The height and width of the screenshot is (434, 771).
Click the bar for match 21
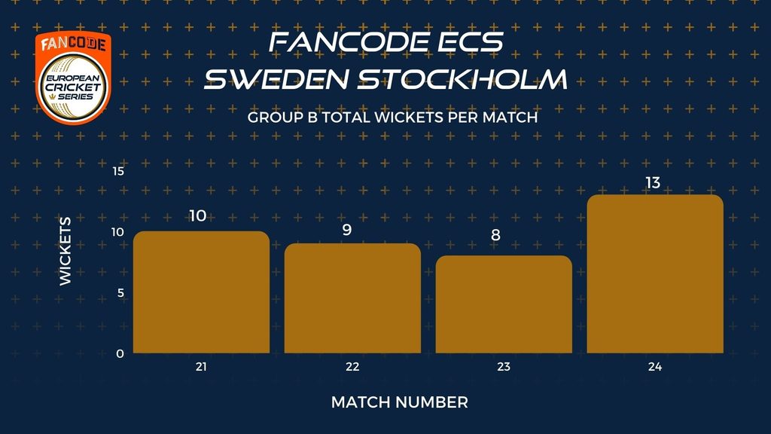201,292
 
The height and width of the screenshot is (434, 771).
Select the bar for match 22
352,298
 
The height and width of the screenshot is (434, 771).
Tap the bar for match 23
504,304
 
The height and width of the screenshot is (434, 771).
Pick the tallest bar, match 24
655,274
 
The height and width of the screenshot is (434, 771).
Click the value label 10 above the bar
198,215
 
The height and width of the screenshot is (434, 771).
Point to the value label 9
347,230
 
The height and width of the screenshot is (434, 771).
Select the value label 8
495,235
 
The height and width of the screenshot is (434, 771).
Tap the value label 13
653,183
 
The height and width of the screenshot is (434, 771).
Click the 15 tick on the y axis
118,171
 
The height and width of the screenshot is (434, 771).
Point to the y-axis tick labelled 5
120,293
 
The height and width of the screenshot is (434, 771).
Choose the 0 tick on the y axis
120,354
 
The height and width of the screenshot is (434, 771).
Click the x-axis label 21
201,367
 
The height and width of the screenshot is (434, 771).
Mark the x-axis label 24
655,367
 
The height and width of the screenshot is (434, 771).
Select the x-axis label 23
504,367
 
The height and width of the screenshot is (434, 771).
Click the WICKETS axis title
65,251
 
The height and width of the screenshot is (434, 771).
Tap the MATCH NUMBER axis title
399,402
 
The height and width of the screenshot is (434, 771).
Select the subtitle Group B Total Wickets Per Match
392,118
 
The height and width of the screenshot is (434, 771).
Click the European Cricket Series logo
73,78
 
